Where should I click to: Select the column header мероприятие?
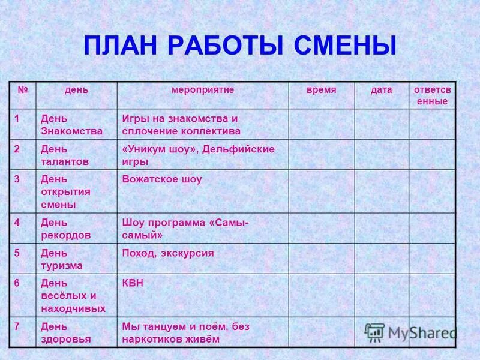point(203,89)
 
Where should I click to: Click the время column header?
point(322,89)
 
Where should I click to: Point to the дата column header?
point(381,89)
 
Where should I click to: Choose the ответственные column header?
point(432,95)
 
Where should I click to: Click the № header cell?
point(23,89)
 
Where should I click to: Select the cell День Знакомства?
point(71,124)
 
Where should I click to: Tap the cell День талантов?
point(65,155)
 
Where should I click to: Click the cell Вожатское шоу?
point(162,179)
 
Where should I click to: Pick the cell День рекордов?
point(66,228)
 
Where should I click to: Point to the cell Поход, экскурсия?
point(168,253)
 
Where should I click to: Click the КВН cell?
point(133,283)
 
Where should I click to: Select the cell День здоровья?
point(66,332)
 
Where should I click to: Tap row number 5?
point(17,253)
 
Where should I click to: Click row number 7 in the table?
point(17,326)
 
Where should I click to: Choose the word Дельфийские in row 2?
point(239,149)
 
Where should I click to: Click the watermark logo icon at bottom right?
point(375,332)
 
